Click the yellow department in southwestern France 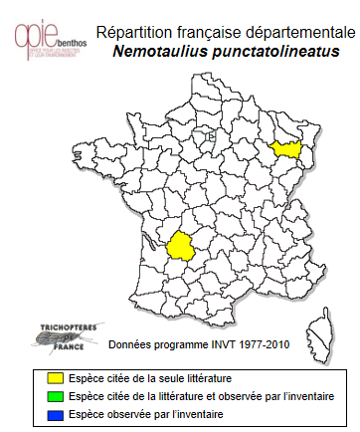tap(181, 245)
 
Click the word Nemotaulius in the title tap(159, 51)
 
